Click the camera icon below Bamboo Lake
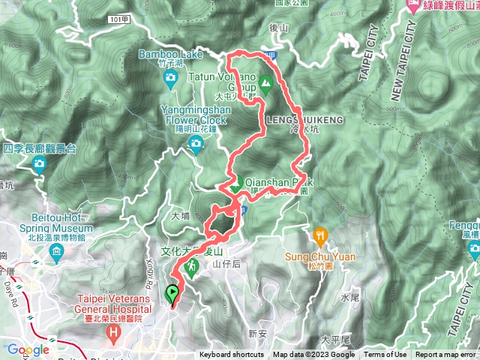(171, 77)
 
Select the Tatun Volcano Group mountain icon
(264, 80)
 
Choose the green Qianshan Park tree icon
(234, 184)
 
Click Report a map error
(445, 355)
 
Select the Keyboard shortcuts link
(231, 355)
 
